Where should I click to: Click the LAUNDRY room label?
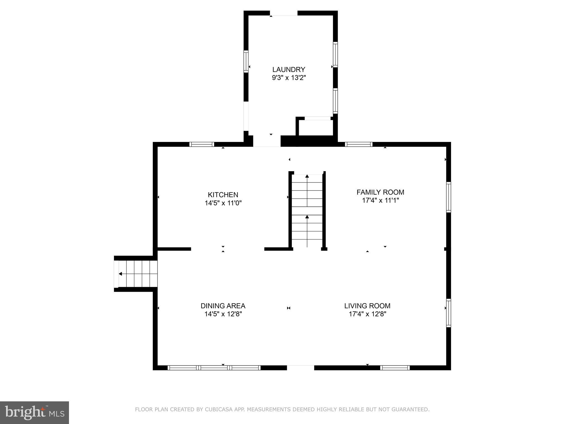289,69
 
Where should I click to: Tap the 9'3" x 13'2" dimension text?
289,78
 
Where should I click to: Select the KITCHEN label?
223,195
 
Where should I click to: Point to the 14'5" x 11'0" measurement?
223,203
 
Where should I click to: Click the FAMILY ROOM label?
380,192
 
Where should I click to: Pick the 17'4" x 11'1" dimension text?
380,200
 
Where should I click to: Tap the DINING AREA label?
223,306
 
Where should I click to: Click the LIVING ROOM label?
367,306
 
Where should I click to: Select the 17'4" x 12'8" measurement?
367,314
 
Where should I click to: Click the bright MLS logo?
34,412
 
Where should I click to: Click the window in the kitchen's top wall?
202,144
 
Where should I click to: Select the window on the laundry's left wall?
246,61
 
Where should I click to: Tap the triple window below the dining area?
214,368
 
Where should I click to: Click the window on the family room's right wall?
449,197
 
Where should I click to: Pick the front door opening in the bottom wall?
300,367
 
